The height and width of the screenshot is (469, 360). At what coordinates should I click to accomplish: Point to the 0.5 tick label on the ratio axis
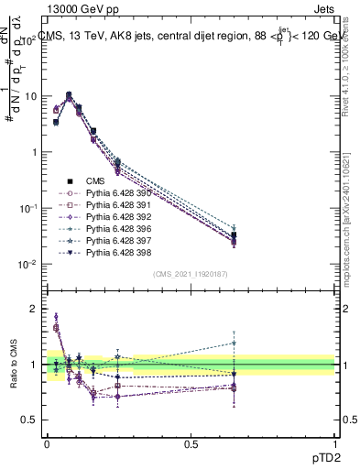pos(29,420)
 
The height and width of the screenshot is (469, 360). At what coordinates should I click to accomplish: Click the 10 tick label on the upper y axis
pos(29,96)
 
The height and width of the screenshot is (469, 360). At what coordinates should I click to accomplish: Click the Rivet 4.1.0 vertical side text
pos(352,64)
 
